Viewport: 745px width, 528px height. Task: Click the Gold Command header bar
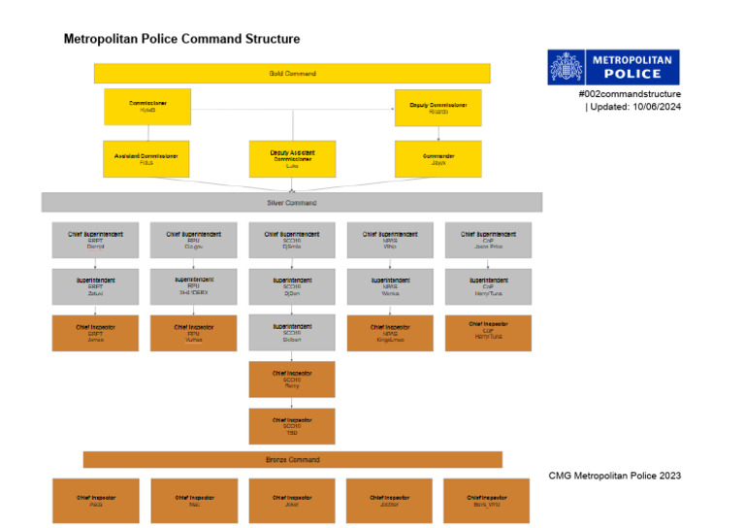(x=292, y=73)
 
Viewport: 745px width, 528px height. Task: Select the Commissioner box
(x=147, y=107)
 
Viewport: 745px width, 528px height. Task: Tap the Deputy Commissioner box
(x=437, y=107)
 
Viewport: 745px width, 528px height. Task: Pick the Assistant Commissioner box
(x=147, y=158)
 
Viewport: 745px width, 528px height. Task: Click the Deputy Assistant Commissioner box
(x=292, y=158)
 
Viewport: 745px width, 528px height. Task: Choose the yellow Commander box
(x=437, y=158)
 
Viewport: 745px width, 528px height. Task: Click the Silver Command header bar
(x=292, y=202)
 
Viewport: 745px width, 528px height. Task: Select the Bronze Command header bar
(x=292, y=459)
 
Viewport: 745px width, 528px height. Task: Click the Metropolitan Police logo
(x=613, y=68)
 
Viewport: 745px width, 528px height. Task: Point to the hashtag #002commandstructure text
(x=630, y=94)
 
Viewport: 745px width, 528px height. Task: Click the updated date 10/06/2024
(x=655, y=107)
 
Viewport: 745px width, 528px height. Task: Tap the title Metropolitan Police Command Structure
(x=181, y=39)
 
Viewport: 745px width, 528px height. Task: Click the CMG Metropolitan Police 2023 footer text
(x=614, y=476)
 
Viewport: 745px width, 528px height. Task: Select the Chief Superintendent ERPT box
(x=95, y=240)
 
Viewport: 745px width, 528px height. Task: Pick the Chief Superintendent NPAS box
(x=390, y=240)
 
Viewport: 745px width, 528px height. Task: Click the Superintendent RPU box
(x=193, y=286)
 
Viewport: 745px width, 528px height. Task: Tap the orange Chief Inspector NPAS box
(x=390, y=333)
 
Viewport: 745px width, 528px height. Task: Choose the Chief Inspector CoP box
(x=488, y=333)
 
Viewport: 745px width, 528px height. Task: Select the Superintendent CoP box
(x=488, y=286)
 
